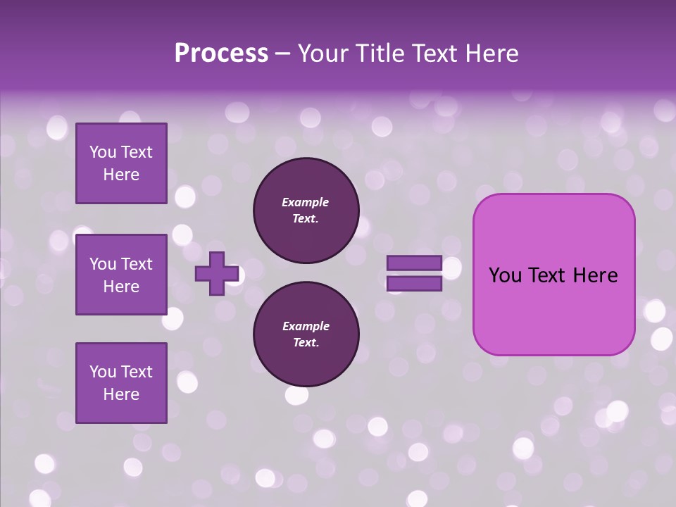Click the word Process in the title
coord(221,54)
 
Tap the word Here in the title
coord(492,54)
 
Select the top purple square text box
coord(121,163)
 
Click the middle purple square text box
coord(121,275)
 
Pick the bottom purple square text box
coord(121,383)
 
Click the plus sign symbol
coord(217,273)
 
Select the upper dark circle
coord(306,211)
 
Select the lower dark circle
coord(306,334)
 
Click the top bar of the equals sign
coord(414,263)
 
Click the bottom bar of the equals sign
coord(414,284)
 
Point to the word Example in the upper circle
coord(306,202)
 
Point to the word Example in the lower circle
coord(306,326)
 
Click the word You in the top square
coord(103,152)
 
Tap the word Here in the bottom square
coord(121,394)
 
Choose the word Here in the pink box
coord(595,275)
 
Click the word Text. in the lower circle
coord(306,343)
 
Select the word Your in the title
coord(320,54)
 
